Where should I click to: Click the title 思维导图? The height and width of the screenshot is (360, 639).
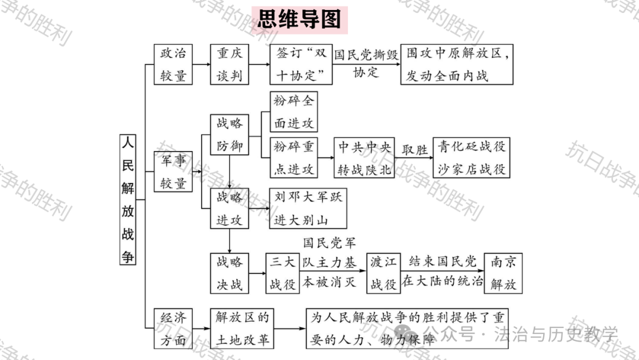tap(299, 20)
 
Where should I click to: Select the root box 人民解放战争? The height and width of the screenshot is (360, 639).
tap(128, 200)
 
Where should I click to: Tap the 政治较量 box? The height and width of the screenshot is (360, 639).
tap(173, 64)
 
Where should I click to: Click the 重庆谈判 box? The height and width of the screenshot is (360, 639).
tap(229, 64)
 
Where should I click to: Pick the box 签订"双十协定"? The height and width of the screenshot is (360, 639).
tap(301, 64)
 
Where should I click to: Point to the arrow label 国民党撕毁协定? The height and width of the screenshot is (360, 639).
tap(365, 63)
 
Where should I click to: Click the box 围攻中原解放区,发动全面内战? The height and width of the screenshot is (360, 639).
tap(457, 64)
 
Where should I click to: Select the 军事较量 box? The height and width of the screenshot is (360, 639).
tap(173, 172)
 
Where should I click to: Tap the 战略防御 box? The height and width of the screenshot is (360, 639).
tap(229, 134)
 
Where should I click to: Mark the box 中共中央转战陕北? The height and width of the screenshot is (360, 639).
tap(364, 157)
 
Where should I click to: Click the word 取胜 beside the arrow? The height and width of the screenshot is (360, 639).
tap(414, 150)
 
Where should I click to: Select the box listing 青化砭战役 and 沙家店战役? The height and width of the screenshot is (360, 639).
tap(472, 157)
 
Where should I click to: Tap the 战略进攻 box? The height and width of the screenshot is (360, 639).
tap(229, 209)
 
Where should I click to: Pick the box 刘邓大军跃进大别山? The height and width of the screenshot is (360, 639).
tap(307, 208)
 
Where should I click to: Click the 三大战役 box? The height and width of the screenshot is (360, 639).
tap(282, 273)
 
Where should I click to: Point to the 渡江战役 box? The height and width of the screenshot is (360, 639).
tap(383, 273)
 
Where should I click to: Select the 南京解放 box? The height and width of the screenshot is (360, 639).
tap(504, 273)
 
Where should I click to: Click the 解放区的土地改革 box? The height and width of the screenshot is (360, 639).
tap(242, 328)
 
